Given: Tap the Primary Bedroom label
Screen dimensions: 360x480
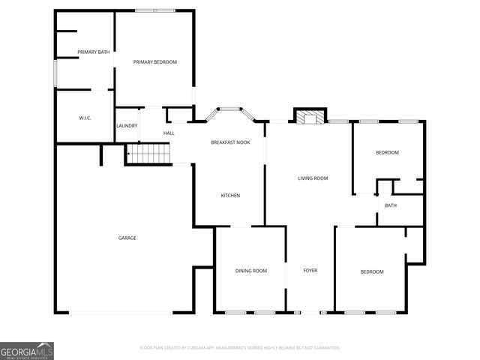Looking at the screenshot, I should point(155,61).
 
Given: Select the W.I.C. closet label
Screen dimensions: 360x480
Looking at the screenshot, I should point(85,118).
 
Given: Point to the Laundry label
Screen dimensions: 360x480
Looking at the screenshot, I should point(127,125).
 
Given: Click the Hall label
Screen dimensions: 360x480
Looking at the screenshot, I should point(169,133).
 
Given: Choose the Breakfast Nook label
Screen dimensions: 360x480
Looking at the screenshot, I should point(230,142).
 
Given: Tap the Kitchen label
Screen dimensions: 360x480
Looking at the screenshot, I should point(230,196).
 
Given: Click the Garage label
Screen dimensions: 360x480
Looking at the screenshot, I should point(127,238).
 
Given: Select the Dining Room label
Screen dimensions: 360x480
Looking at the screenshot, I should point(251,271).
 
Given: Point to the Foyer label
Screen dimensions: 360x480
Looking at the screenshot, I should point(310,271).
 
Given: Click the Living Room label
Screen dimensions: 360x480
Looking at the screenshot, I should point(313,178).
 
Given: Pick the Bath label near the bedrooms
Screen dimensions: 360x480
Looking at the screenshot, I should point(391,205).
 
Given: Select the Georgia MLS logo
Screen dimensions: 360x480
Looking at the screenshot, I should point(27,350).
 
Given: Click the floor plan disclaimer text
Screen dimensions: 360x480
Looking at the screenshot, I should point(240,348).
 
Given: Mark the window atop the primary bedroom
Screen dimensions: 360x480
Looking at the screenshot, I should point(155,10).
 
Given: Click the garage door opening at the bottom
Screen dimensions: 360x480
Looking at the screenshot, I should point(121,313).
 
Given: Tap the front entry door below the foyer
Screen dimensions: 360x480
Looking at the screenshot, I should point(310,312).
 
